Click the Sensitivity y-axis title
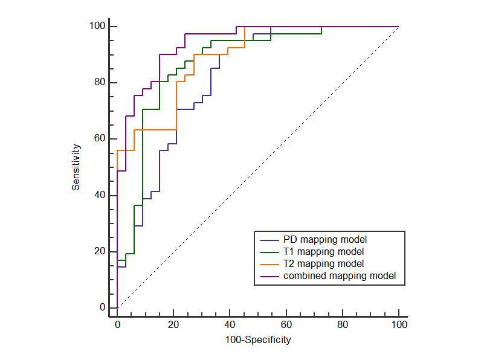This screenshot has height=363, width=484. pyautogui.click(x=76, y=167)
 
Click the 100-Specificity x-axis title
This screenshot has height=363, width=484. pyautogui.click(x=258, y=340)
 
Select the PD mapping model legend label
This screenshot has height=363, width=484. pyautogui.click(x=325, y=239)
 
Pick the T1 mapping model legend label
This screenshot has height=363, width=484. pyautogui.click(x=324, y=251)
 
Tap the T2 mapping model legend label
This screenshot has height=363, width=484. pyautogui.click(x=324, y=263)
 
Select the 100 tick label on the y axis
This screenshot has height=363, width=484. pyautogui.click(x=97, y=27)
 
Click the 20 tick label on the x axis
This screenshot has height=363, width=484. pyautogui.click(x=173, y=325)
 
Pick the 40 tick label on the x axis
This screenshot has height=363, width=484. pyautogui.click(x=230, y=325)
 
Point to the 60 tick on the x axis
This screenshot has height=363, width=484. pyautogui.click(x=286, y=325)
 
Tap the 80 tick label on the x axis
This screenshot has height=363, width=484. pyautogui.click(x=343, y=325)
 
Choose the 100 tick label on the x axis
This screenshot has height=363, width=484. pyautogui.click(x=399, y=325)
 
